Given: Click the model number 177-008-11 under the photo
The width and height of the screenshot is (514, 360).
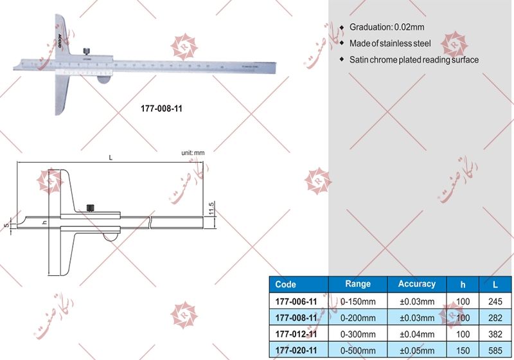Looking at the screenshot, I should tap(161, 109).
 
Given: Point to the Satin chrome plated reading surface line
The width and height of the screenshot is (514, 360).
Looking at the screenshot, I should tap(414, 60).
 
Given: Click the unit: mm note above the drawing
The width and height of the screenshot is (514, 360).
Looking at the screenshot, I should tap(193, 153).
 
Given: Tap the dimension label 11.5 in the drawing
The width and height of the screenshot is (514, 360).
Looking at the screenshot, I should tap(211, 209).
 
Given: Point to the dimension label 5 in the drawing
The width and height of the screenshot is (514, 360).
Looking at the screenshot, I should tap(5, 225).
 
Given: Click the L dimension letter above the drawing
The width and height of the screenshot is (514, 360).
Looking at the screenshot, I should tap(111, 157).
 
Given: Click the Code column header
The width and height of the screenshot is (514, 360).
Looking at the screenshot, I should tap(285, 284).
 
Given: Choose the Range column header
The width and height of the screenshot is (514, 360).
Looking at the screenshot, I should tap(358, 283).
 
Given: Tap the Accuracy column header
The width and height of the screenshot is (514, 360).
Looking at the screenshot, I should tap(416, 283).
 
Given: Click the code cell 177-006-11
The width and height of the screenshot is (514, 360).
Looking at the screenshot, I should tap(296, 301).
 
